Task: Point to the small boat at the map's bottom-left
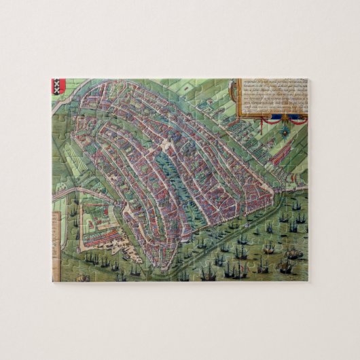pos(82,277)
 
